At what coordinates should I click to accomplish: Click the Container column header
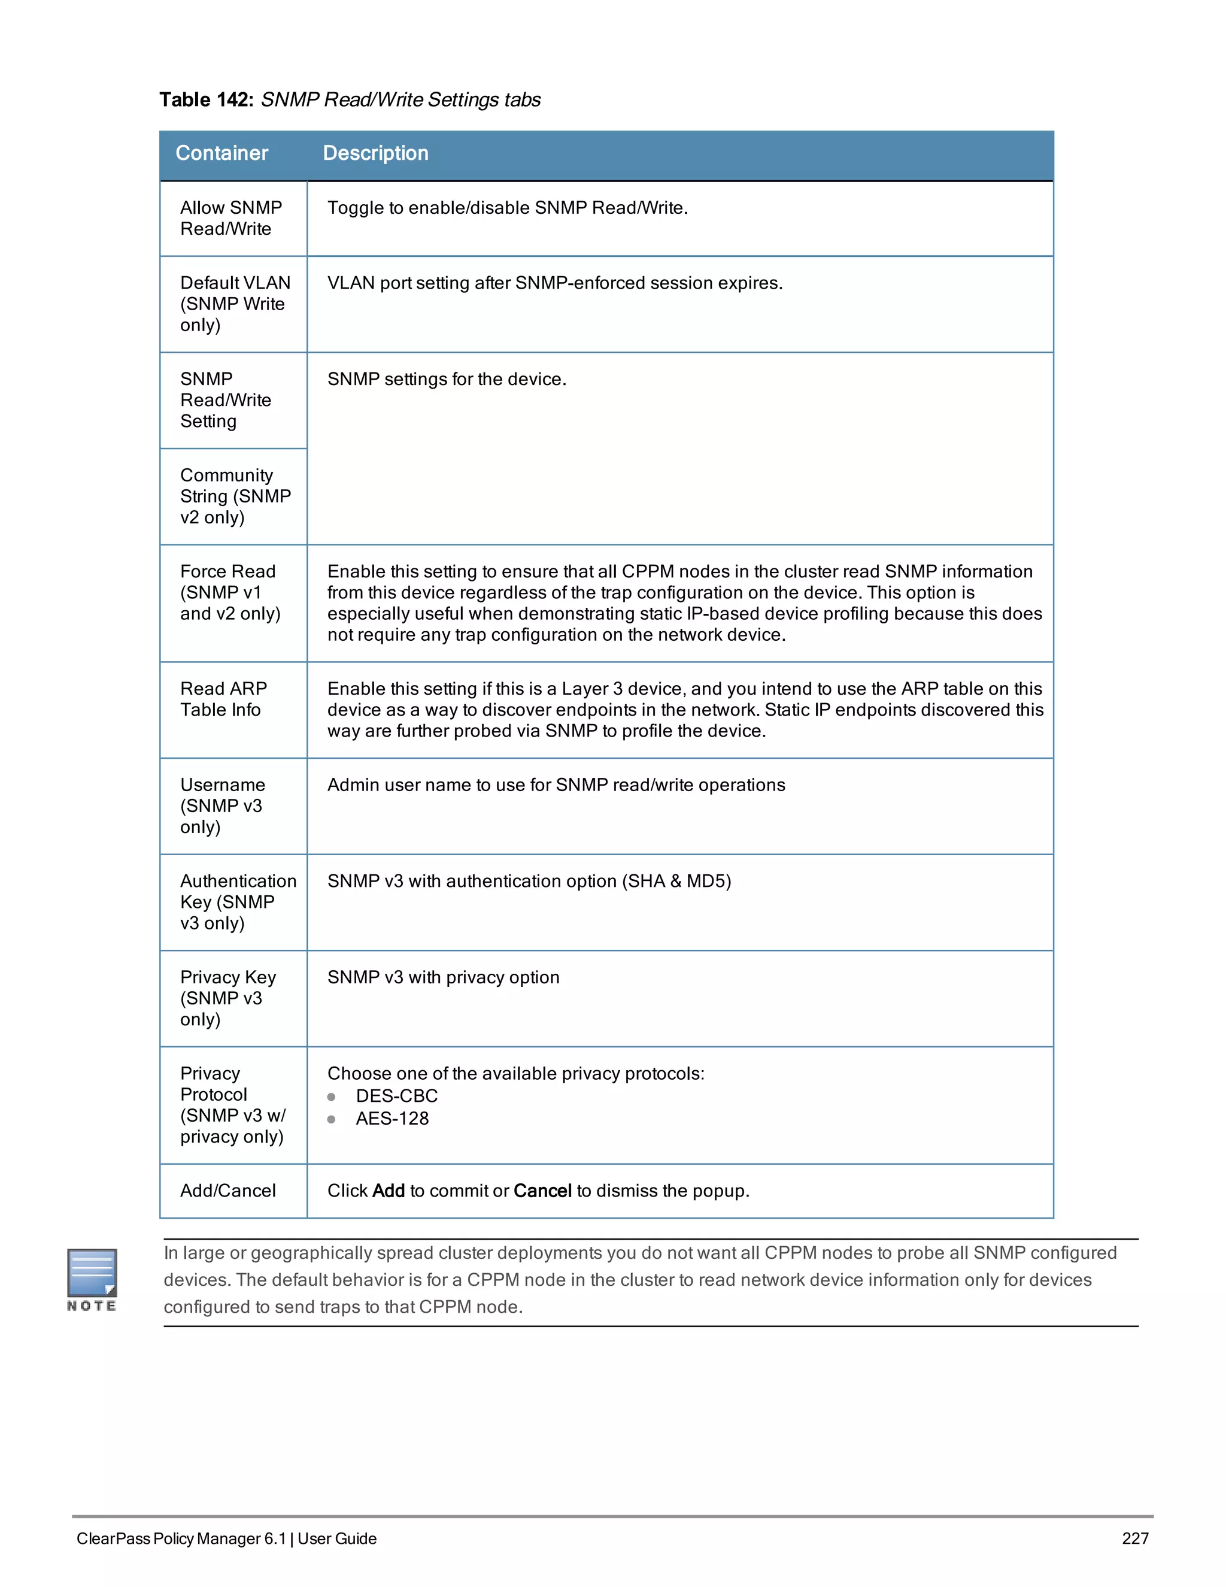click(221, 153)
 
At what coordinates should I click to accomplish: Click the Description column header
click(375, 153)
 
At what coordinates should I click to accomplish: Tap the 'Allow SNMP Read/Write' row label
click(231, 218)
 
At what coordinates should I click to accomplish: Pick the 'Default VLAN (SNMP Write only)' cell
click(235, 304)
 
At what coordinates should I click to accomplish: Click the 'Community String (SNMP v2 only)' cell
click(235, 496)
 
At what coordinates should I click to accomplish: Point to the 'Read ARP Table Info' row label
click(224, 699)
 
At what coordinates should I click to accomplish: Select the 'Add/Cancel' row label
click(228, 1191)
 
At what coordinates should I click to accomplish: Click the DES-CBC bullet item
click(396, 1096)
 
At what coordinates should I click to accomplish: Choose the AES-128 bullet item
click(392, 1118)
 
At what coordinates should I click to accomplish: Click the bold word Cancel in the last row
click(542, 1191)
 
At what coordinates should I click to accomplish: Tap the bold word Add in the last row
click(388, 1191)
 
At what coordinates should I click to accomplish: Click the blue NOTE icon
click(92, 1274)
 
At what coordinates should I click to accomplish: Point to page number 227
click(1134, 1538)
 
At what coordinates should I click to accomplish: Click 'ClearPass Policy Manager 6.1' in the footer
click(181, 1538)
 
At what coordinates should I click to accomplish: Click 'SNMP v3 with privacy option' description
click(443, 977)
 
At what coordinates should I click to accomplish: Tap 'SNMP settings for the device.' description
click(447, 379)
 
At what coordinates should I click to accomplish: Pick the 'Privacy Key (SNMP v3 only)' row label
click(227, 998)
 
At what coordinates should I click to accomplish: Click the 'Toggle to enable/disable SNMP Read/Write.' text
click(507, 208)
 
